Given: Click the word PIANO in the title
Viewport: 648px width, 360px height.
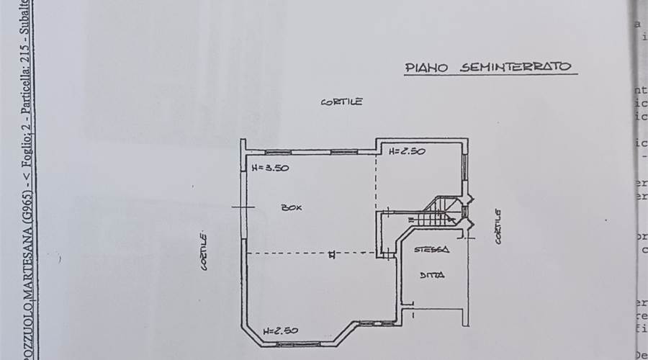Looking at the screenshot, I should [428, 68].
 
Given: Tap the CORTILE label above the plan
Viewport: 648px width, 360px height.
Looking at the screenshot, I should [341, 102].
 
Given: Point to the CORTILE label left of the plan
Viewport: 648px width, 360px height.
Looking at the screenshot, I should [204, 251].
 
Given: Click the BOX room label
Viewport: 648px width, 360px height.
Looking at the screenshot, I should [292, 207].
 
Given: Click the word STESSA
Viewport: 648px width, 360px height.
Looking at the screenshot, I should [432, 250].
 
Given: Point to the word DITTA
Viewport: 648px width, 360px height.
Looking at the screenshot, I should [432, 274].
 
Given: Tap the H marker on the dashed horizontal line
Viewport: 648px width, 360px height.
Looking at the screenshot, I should [332, 253].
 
